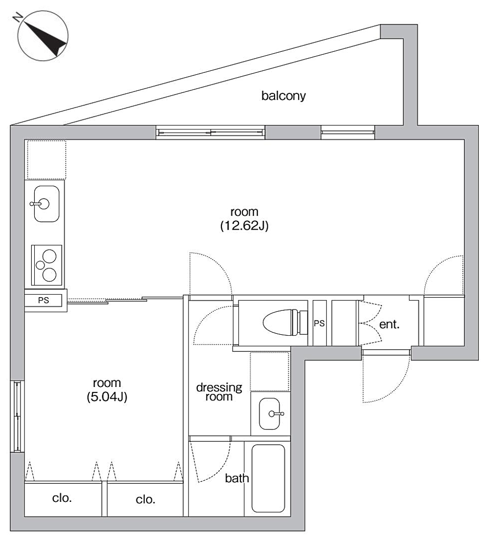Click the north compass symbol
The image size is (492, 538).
click(43, 36)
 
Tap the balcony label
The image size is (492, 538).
click(283, 96)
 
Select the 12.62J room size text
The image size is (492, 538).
click(244, 225)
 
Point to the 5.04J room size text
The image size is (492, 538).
click(107, 397)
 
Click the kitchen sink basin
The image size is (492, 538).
click(46, 204)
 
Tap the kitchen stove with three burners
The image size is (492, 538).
click(47, 265)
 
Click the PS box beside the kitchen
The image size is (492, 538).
click(43, 300)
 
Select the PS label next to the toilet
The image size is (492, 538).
click(319, 323)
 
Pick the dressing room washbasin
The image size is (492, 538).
click(270, 413)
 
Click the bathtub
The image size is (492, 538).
click(268, 478)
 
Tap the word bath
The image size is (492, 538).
click(237, 478)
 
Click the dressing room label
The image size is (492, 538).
click(219, 392)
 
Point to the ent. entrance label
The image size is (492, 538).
click(389, 324)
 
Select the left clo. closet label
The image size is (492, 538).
click(62, 498)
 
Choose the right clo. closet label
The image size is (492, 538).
click(146, 499)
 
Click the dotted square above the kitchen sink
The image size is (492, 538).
click(46, 160)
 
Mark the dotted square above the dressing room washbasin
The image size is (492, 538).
click(270, 371)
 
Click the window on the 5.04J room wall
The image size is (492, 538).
click(17, 416)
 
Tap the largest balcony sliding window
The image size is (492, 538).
click(210, 132)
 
